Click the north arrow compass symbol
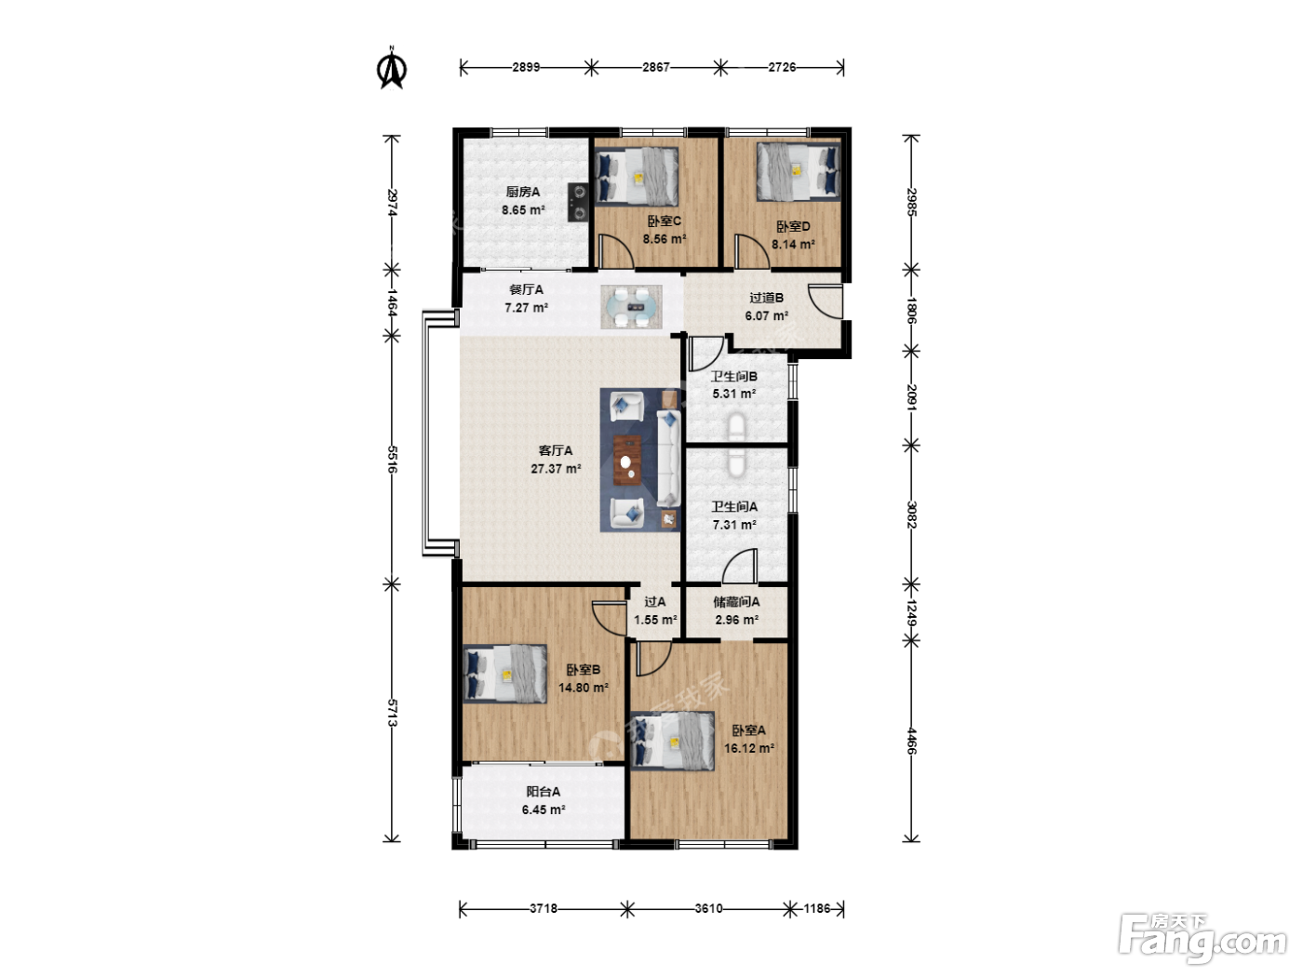click(x=392, y=69)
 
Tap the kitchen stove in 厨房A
click(x=578, y=202)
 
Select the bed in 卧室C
click(x=637, y=176)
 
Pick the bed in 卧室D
click(x=799, y=171)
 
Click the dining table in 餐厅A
click(x=631, y=307)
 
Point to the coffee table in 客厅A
click(x=627, y=460)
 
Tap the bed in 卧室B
click(x=505, y=674)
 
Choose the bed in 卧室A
click(x=672, y=741)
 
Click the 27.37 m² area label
click(x=556, y=469)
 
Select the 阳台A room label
click(x=544, y=791)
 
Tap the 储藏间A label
click(x=736, y=601)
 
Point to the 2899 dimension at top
click(x=526, y=67)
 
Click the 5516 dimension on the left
click(x=392, y=459)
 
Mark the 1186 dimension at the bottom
click(x=817, y=908)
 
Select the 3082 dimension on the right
click(x=912, y=515)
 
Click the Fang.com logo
click(x=1202, y=937)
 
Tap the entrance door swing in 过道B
click(x=826, y=301)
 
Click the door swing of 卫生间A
click(x=740, y=566)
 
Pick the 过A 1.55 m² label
click(x=655, y=611)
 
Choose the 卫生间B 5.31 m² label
click(x=734, y=385)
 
